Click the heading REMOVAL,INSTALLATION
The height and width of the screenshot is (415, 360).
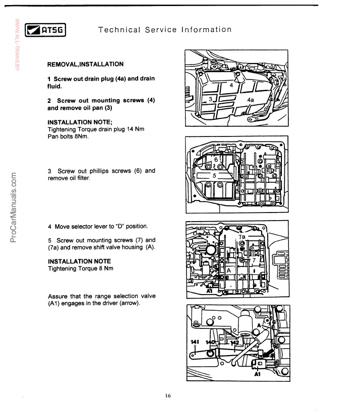[85, 64]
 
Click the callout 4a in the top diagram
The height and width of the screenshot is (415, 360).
[251, 100]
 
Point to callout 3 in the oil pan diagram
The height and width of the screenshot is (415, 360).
[211, 100]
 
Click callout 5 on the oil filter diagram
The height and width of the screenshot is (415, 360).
[214, 175]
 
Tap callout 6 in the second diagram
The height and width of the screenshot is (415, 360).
[216, 160]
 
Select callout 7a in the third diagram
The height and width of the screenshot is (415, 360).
[242, 237]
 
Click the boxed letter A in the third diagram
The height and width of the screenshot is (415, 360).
[228, 270]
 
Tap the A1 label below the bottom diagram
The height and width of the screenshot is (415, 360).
[257, 375]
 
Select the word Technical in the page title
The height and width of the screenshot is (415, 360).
[119, 30]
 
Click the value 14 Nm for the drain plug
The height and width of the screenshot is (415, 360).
[134, 129]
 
